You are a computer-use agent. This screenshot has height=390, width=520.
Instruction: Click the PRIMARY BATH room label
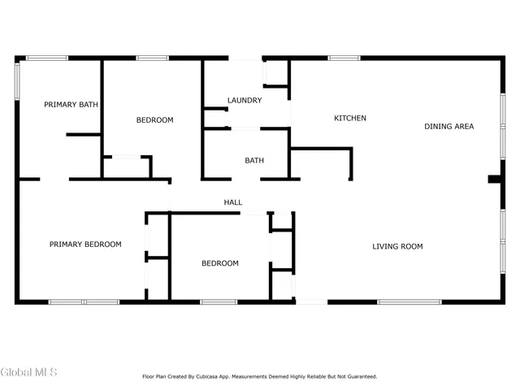(71, 104)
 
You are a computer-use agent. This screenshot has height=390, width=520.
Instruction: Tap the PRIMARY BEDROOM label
(85, 244)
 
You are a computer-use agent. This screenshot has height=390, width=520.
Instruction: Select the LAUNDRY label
(245, 101)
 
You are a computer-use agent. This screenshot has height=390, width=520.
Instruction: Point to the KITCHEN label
(350, 119)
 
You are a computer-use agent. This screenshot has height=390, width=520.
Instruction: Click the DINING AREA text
(448, 126)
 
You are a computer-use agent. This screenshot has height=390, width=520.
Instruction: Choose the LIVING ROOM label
(397, 246)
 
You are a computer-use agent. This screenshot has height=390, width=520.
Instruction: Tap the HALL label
(233, 202)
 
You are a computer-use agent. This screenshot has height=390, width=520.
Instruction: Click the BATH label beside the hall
(254, 161)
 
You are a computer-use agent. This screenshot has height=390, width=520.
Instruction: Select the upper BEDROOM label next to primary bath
(154, 120)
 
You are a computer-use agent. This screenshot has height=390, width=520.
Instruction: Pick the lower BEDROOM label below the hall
(220, 263)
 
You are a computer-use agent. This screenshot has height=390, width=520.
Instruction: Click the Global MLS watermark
(29, 372)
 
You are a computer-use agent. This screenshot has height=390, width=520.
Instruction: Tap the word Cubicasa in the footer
(210, 376)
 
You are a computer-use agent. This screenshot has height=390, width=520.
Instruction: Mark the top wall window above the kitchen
(344, 58)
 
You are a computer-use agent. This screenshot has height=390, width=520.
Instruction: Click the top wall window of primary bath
(47, 58)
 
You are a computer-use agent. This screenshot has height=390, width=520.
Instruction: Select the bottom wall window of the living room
(409, 302)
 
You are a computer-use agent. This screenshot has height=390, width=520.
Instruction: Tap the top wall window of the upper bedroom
(152, 58)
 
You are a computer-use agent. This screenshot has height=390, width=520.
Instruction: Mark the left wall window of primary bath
(18, 80)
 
